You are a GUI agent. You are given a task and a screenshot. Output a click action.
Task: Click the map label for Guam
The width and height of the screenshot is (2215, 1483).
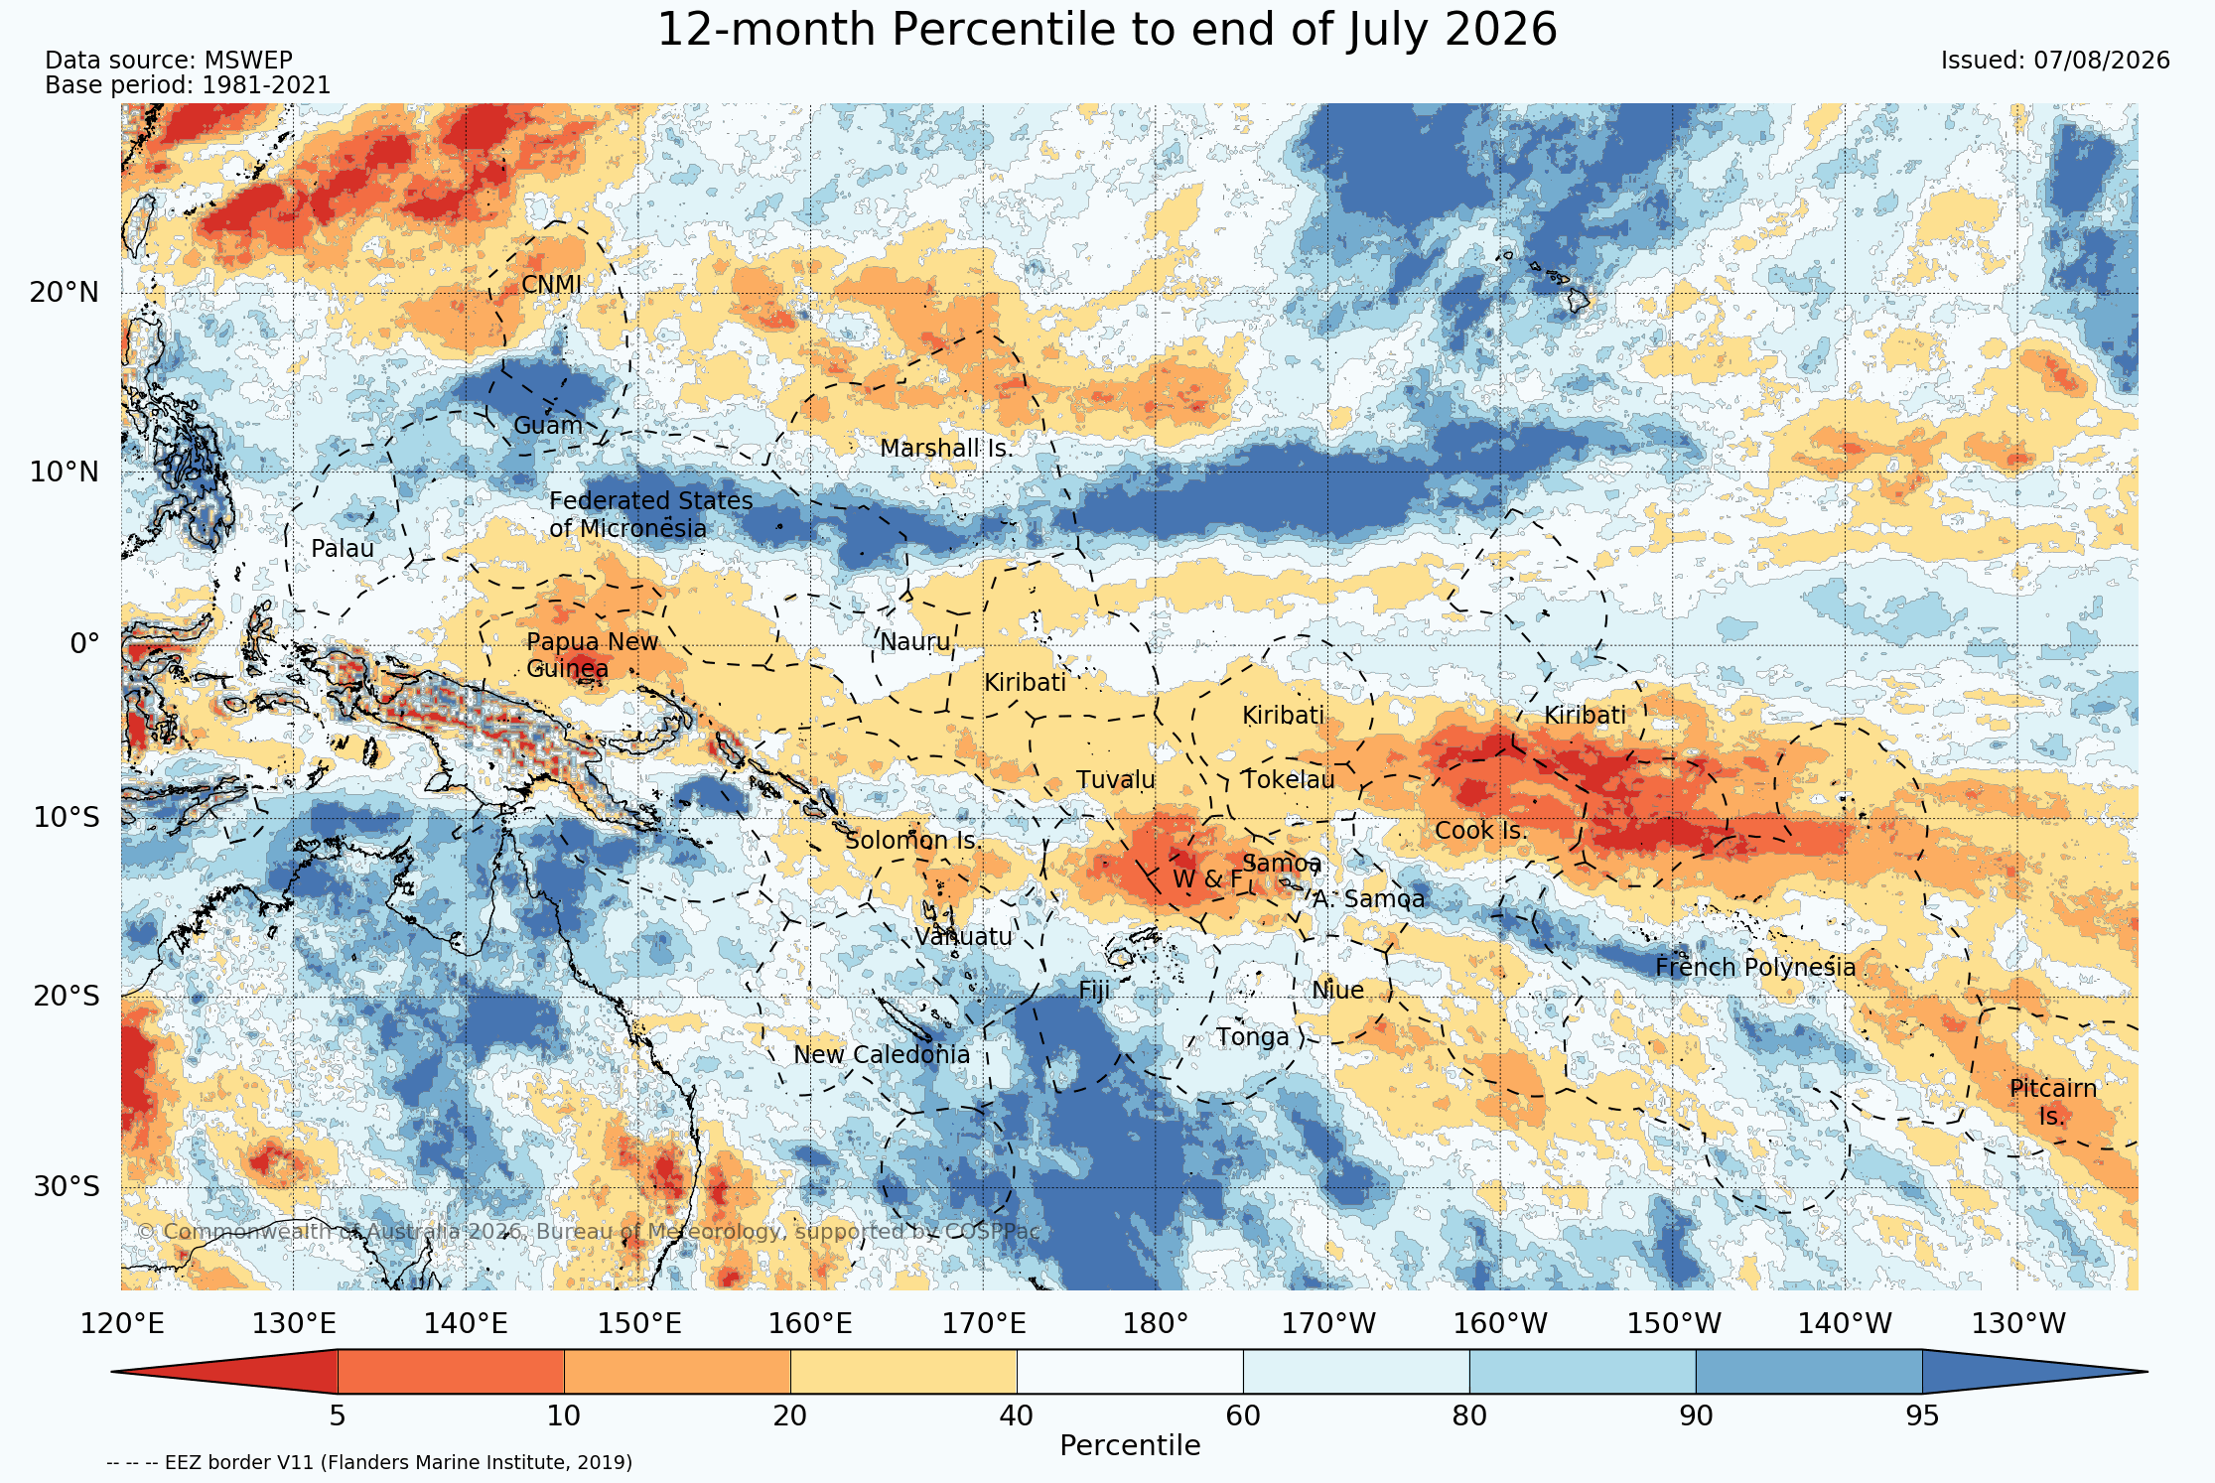coord(547,426)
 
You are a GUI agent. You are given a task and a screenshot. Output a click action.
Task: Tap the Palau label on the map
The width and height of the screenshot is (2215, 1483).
coord(343,549)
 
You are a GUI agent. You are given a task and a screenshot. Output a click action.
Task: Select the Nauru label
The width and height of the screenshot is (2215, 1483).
coord(915,642)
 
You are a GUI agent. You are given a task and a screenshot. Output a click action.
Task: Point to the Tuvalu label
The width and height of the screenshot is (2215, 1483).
coord(1116,780)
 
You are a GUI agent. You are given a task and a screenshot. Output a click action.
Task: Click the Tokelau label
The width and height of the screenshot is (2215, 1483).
coord(1289,780)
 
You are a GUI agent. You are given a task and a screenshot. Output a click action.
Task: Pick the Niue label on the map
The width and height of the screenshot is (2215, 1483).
coord(1337,991)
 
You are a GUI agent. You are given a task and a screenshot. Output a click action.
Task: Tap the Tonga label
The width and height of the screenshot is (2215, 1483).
coord(1253,1038)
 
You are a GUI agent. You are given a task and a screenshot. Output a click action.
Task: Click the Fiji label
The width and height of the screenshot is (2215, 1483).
coord(1094,991)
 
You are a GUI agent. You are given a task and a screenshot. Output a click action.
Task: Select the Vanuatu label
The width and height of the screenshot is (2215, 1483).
coord(963,937)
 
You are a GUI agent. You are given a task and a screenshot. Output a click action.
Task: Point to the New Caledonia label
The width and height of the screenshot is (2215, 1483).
coord(882,1054)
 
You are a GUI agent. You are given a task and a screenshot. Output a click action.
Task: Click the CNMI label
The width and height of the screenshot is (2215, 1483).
coord(551,285)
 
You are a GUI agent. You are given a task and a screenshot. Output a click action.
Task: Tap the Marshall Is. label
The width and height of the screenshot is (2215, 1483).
coord(946,449)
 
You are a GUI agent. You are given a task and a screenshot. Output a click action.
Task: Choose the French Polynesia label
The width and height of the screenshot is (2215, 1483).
coord(1755,968)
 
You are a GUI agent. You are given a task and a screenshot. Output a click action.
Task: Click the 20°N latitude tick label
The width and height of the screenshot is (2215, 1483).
coord(65,293)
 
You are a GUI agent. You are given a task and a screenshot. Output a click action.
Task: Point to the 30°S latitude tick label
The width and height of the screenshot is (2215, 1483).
coord(66,1187)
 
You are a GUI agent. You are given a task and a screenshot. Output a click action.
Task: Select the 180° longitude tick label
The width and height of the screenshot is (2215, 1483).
coord(1155,1324)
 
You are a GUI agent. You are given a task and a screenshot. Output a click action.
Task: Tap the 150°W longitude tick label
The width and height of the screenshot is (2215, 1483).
coord(1673,1324)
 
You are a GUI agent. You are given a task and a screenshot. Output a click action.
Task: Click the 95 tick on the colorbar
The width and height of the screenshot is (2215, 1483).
coord(1922,1416)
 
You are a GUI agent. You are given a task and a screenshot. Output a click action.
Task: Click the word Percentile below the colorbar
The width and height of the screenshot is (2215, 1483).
coord(1130,1446)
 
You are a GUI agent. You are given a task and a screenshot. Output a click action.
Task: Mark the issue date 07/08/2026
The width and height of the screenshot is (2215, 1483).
coord(2102,61)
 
